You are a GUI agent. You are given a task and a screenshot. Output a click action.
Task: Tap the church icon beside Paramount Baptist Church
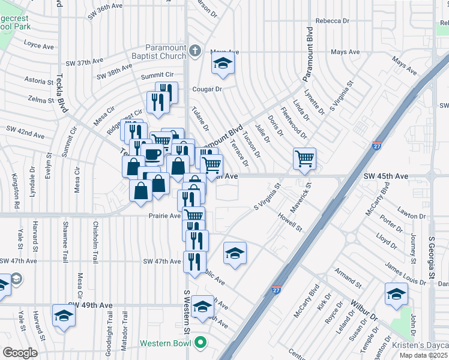(x=196, y=52)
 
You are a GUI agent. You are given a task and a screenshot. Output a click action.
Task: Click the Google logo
(x=20, y=353)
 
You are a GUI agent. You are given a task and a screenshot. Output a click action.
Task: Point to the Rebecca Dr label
(x=328, y=20)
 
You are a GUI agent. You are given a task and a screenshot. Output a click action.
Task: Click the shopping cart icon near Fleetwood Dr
(x=305, y=159)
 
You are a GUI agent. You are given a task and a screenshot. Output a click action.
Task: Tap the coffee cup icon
(x=152, y=154)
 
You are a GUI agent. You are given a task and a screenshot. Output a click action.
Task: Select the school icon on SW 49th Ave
(x=64, y=316)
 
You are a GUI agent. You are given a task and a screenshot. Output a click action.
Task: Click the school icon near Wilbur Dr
(x=396, y=295)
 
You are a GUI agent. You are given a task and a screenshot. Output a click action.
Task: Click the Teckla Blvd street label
(x=61, y=92)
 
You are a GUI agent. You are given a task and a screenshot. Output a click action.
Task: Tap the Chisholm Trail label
(x=95, y=242)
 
